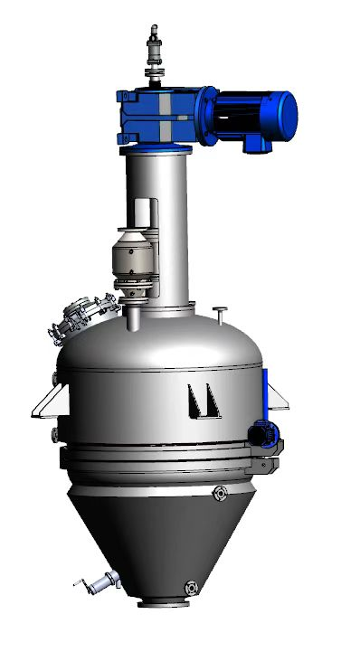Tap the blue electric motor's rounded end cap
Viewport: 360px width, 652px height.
coord(287,111)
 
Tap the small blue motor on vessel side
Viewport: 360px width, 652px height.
coord(263,433)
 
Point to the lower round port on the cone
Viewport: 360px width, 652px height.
coord(190,587)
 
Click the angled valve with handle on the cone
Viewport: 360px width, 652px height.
coord(95,585)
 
